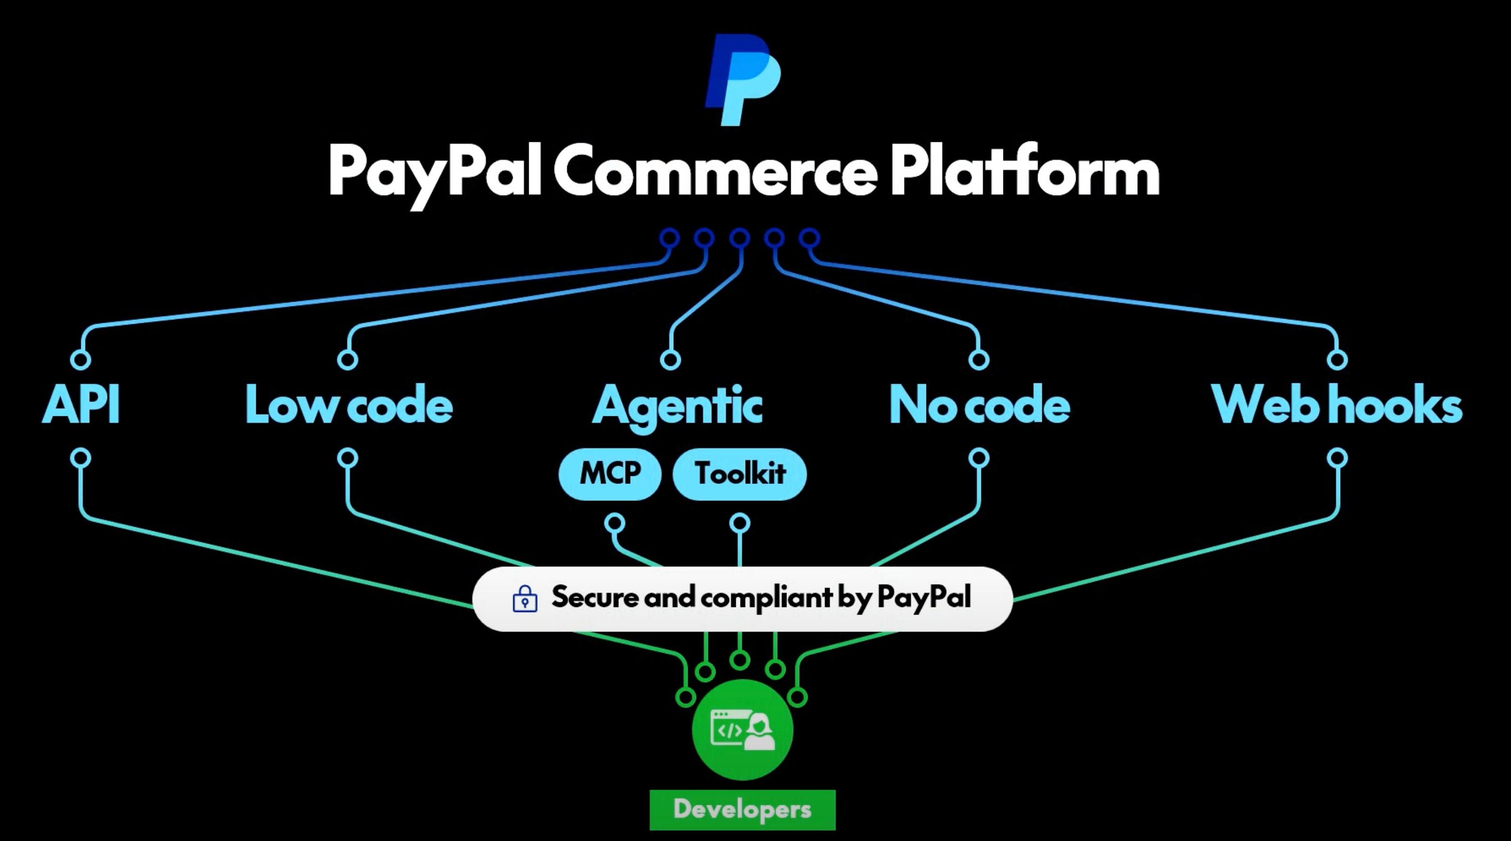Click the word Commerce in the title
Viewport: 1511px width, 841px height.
coord(715,170)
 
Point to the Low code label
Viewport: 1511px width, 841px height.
coord(349,405)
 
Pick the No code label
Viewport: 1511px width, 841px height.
coord(979,405)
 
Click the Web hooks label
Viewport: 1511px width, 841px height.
coord(1337,405)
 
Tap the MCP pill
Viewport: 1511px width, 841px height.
coord(610,474)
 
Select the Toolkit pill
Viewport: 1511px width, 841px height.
coord(740,474)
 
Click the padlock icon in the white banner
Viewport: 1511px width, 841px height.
coord(525,599)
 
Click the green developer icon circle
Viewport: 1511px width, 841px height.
coord(743,730)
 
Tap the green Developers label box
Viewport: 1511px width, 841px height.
coord(743,810)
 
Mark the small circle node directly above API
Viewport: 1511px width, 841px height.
coord(81,359)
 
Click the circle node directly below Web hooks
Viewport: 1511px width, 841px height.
coord(1337,458)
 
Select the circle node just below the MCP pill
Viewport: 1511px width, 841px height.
coord(615,523)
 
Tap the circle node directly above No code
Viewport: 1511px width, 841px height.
coord(979,359)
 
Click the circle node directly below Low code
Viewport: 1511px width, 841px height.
coord(348,458)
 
